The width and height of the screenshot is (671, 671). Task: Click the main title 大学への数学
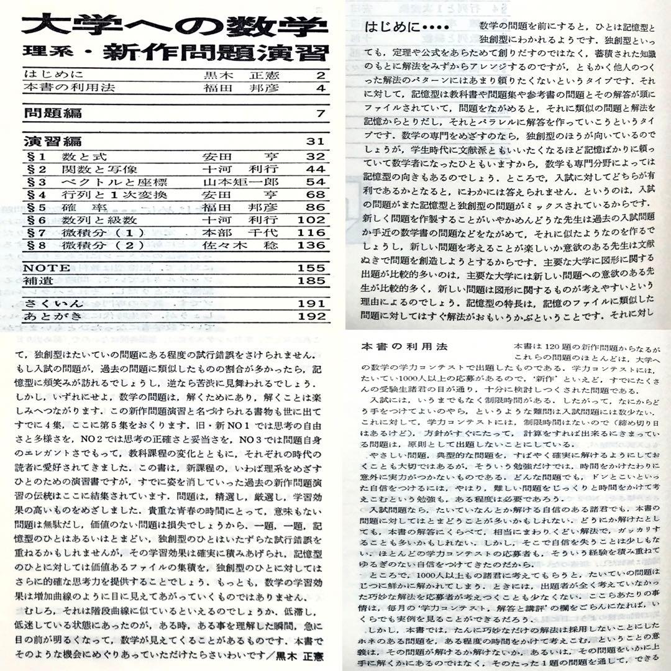point(175,25)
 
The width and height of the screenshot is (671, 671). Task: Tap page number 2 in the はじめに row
point(321,76)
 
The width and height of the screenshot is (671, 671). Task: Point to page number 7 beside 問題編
point(321,114)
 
